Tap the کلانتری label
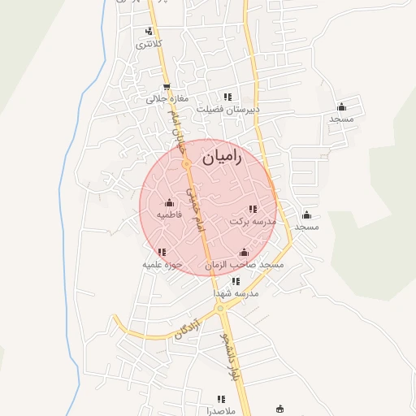click(149, 43)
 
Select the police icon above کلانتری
click(148, 32)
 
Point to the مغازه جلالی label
click(167, 99)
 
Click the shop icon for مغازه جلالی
click(167, 87)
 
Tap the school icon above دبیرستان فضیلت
click(227, 96)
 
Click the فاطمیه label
click(169, 215)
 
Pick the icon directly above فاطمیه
click(169, 203)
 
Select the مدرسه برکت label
click(253, 221)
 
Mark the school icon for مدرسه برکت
click(253, 209)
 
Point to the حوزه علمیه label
click(161, 264)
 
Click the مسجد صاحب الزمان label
click(244, 265)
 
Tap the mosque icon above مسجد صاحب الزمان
click(244, 253)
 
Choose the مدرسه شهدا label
click(236, 292)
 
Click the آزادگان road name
click(185, 328)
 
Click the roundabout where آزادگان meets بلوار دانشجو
click(220, 309)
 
